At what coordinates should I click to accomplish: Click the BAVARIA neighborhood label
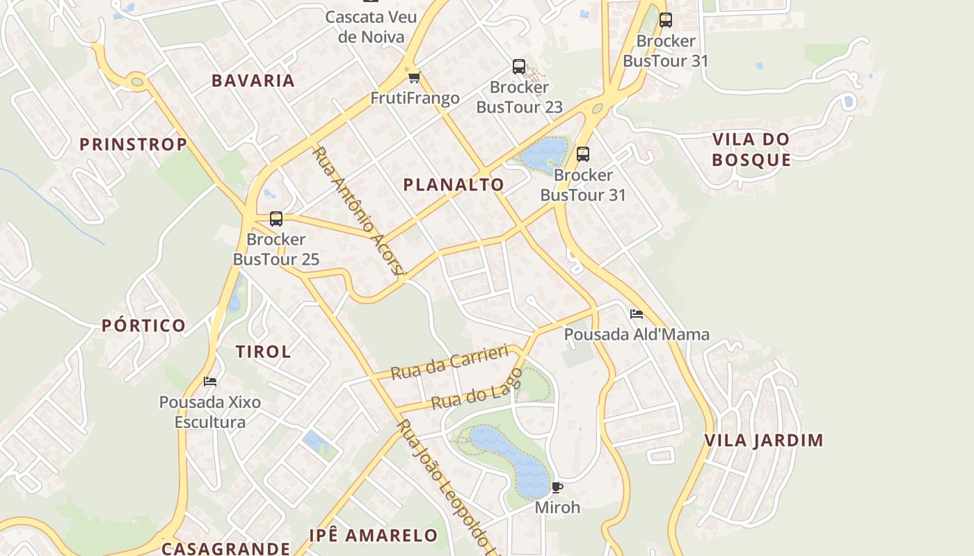[253, 81]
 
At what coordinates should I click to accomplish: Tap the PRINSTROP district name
[133, 145]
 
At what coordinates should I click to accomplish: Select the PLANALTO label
[454, 185]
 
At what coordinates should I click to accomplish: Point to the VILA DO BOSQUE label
[751, 149]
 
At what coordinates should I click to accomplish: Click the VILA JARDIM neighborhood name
[763, 441]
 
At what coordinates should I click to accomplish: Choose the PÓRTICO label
[144, 325]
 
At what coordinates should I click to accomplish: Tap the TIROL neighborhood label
[263, 352]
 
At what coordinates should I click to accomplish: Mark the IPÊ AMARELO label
[374, 536]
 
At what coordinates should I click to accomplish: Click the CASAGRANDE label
[225, 548]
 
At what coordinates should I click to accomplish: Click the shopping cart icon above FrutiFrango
[415, 77]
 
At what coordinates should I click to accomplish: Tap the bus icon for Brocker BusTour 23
[519, 67]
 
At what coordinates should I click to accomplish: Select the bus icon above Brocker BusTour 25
[276, 219]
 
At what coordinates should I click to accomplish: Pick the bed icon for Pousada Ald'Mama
[636, 314]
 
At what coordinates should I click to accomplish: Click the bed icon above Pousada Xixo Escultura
[210, 382]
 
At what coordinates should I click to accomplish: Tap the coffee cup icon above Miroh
[557, 486]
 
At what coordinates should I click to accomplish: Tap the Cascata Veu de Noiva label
[371, 26]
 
